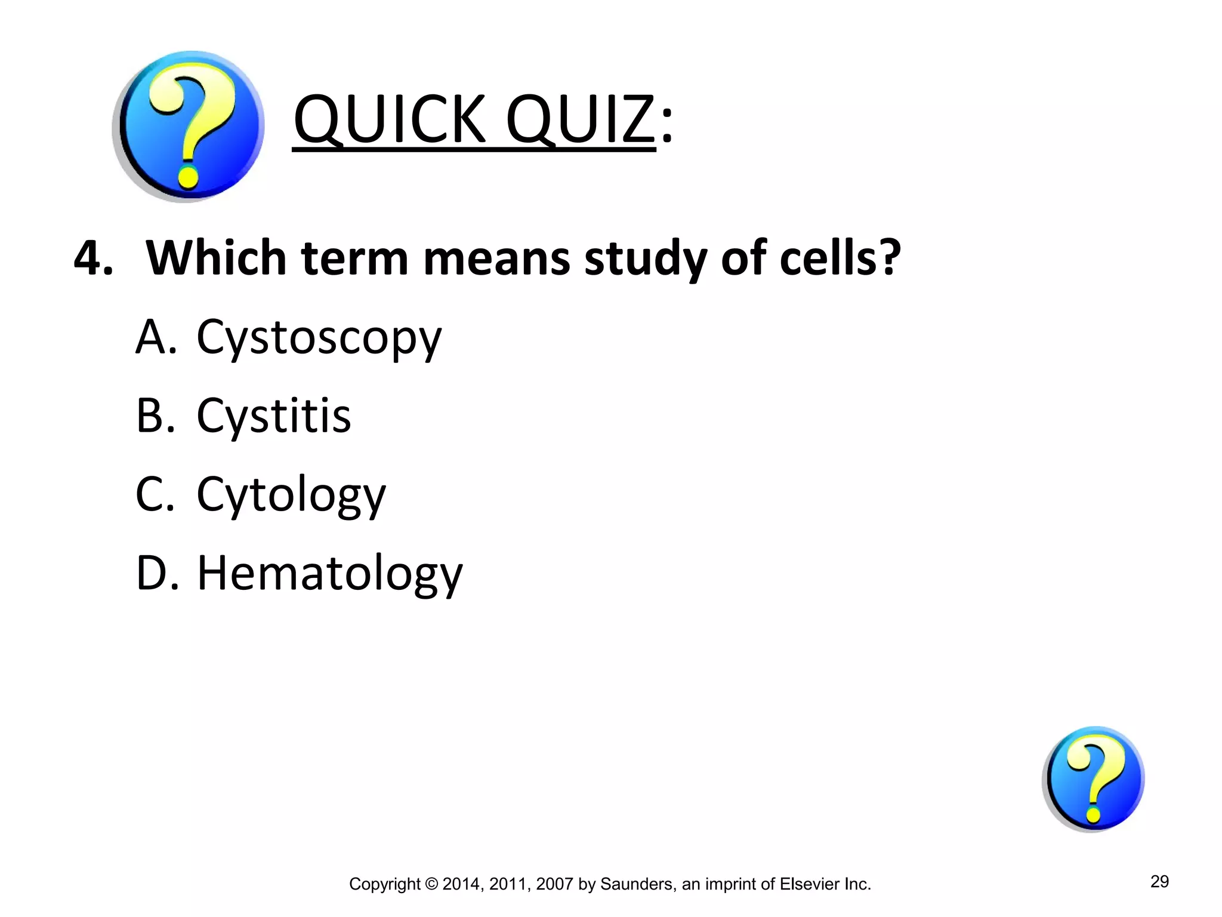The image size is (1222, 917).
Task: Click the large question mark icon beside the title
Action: point(189,127)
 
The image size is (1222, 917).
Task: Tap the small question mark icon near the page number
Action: point(1093,778)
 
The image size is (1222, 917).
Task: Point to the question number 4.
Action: point(92,258)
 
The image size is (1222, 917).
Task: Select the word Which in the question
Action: point(216,258)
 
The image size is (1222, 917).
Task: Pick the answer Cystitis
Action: point(274,416)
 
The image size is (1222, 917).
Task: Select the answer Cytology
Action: point(291,496)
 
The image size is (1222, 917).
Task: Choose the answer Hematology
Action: point(329,574)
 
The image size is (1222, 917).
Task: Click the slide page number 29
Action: point(1159,881)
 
